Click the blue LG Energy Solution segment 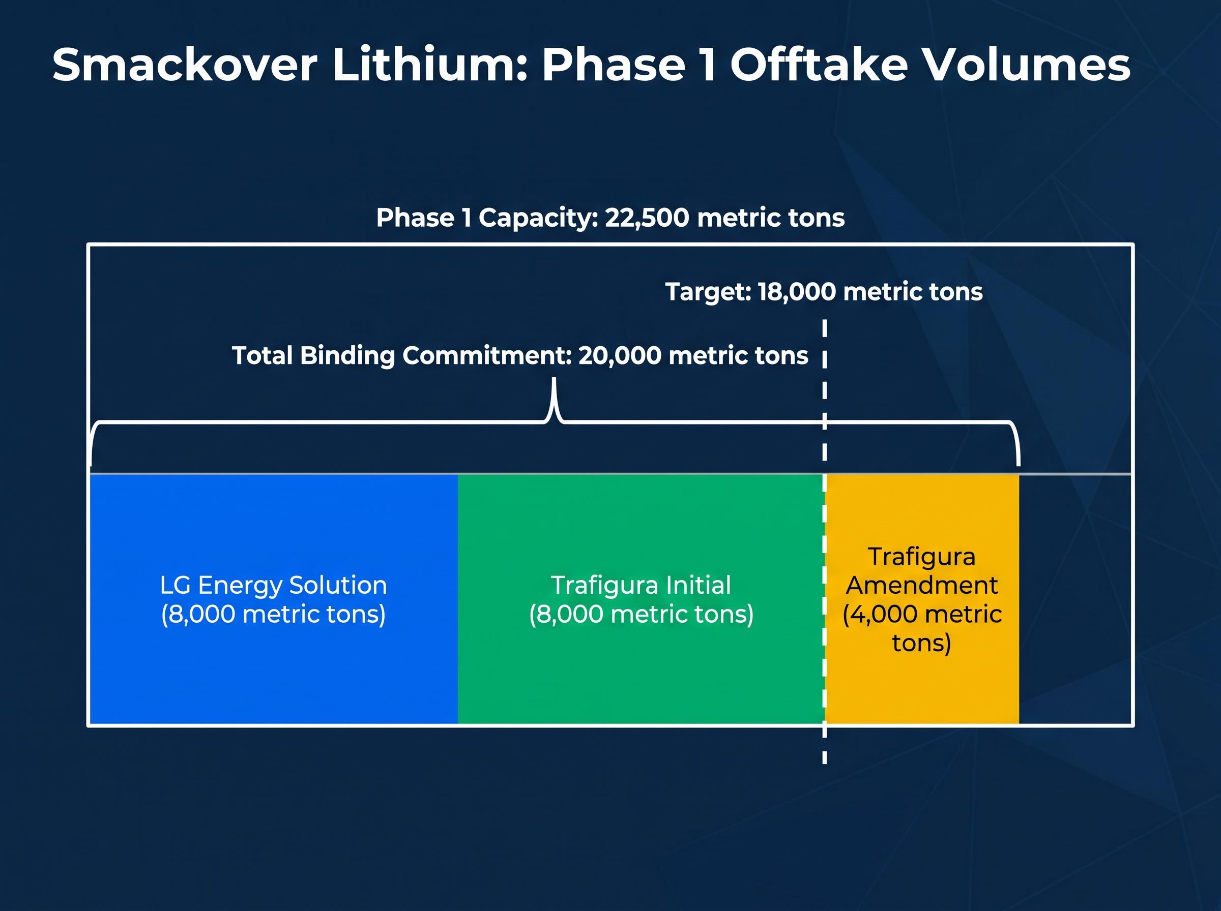(274, 599)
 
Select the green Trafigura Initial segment (641, 599)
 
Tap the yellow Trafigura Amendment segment (922, 599)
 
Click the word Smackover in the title (185, 65)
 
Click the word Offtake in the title (819, 65)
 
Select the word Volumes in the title (1026, 65)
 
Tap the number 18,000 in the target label (797, 292)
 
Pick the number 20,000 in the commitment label (620, 356)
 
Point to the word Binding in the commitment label (347, 356)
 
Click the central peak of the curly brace (555, 380)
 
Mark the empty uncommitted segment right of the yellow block (1075, 599)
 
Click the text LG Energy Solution (274, 585)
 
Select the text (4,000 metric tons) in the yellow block (922, 629)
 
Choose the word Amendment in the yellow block (922, 585)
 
